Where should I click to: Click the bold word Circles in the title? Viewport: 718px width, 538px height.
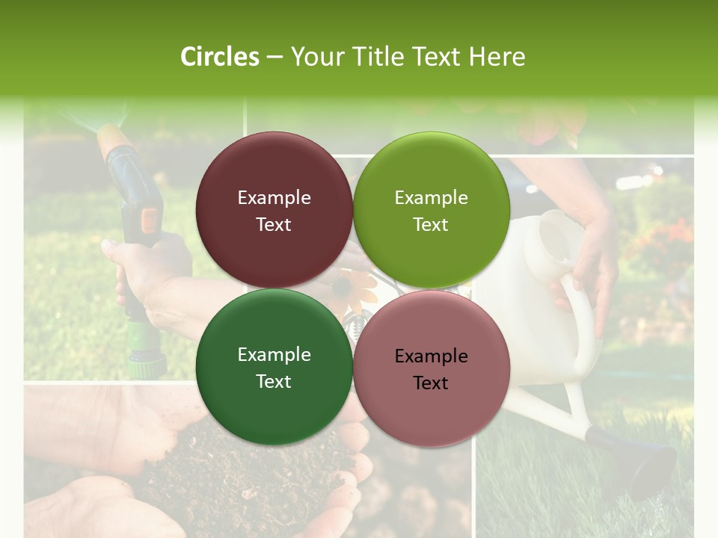(x=220, y=57)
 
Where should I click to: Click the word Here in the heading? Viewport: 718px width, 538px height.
(x=497, y=57)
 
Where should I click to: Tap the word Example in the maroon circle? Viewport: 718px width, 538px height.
(x=274, y=198)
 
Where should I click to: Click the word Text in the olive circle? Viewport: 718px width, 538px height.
(x=431, y=225)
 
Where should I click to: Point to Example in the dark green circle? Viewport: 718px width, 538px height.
(x=274, y=355)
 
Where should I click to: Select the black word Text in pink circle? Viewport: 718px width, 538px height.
(x=431, y=383)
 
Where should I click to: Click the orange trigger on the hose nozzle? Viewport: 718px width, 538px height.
(x=150, y=219)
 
